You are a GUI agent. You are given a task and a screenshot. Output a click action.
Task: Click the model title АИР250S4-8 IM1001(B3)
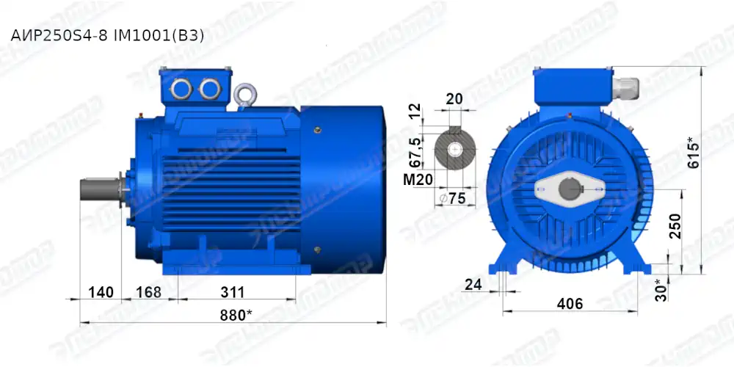(x=107, y=35)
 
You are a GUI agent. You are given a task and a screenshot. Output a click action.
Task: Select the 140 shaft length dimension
(x=100, y=292)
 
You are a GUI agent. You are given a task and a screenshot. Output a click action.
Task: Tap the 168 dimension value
(x=148, y=292)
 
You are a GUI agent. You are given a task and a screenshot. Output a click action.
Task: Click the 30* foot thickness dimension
(x=661, y=289)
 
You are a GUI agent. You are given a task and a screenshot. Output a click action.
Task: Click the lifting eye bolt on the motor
(x=244, y=94)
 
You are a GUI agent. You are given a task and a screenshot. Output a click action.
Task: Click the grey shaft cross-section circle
(x=455, y=151)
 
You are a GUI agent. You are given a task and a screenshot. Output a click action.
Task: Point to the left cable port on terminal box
(x=180, y=89)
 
